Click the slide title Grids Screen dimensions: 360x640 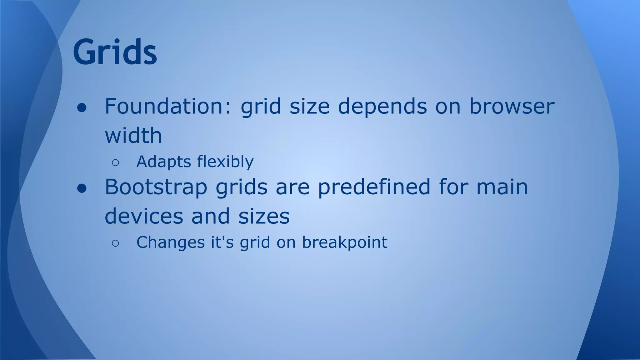point(115,52)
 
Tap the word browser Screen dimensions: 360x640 point(512,106)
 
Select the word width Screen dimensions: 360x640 point(133,136)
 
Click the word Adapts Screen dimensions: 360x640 point(163,162)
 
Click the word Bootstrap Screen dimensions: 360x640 point(156,187)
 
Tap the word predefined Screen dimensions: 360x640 point(374,187)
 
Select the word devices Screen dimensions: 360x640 point(144,216)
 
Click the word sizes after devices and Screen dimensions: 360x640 point(264,216)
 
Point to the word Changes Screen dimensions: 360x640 point(170,242)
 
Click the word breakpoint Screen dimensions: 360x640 point(344,242)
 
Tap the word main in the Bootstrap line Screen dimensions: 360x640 point(502,187)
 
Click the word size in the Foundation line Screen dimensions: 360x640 point(309,106)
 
